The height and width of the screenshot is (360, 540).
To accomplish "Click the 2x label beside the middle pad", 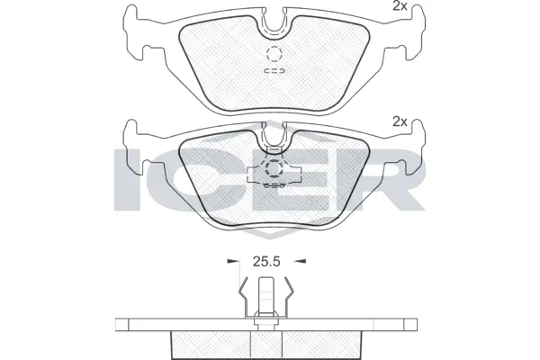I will (400, 121).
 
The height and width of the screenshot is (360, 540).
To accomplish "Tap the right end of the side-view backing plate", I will (418, 325).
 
